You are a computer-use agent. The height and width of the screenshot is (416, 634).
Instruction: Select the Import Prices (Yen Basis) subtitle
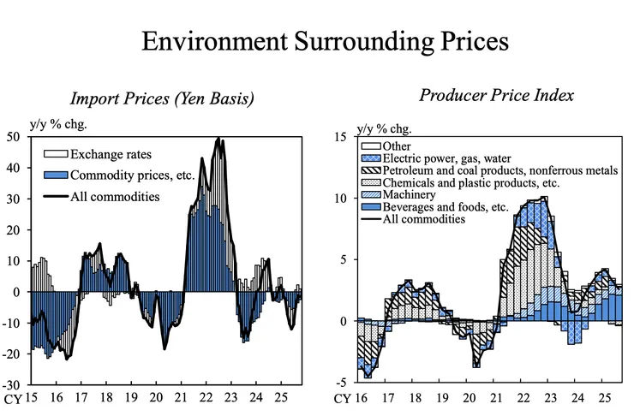pos(162,98)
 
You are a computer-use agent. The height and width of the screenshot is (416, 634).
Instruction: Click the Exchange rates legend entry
pos(111,154)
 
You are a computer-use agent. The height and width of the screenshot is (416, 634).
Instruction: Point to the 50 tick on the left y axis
pos(15,136)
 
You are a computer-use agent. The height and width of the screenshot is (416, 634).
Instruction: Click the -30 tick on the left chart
pos(13,384)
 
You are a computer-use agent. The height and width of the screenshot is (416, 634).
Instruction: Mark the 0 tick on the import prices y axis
pos(19,292)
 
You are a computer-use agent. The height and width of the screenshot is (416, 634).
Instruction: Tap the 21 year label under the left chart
pos(182,398)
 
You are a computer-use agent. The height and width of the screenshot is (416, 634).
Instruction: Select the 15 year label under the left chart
pos(31,398)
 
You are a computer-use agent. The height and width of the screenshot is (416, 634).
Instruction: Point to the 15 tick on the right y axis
pos(339,136)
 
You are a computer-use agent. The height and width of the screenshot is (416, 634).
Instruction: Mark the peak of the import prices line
pos(218,139)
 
